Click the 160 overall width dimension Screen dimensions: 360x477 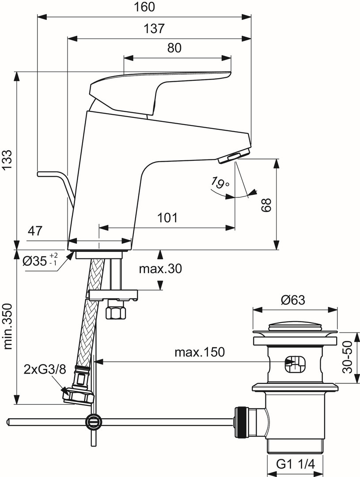coord(144,7)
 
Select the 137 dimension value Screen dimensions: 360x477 coord(154,29)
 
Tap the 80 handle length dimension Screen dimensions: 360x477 coord(174,48)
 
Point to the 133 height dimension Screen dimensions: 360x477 coord(8,160)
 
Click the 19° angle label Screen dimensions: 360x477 coord(220,183)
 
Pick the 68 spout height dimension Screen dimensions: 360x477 coord(266,205)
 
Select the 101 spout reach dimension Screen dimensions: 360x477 coord(167,217)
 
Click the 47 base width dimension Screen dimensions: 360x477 coord(35,231)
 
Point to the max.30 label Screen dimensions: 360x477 coord(160,269)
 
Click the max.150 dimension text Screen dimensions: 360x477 coord(200,352)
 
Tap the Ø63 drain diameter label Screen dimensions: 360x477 coord(292,300)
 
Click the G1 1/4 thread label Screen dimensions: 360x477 coord(295,464)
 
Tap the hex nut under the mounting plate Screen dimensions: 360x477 coord(115,312)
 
